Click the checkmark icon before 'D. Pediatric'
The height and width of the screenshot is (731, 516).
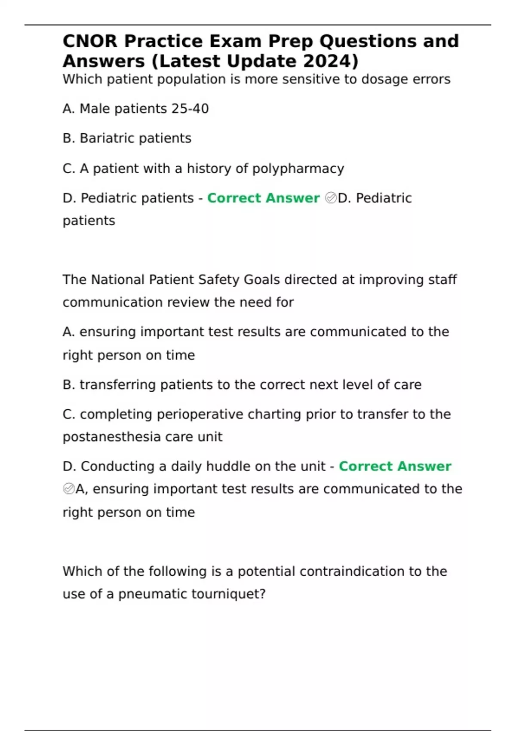pyautogui.click(x=331, y=198)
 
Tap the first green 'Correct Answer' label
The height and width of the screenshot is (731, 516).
pyautogui.click(x=263, y=198)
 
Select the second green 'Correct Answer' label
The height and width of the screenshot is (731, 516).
pyautogui.click(x=395, y=466)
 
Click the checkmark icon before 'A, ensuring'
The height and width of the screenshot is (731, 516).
pyautogui.click(x=69, y=489)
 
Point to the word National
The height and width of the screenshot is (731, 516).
pyautogui.click(x=118, y=280)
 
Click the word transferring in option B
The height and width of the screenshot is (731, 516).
pyautogui.click(x=117, y=385)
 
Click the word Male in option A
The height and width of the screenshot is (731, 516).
pyautogui.click(x=95, y=109)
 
